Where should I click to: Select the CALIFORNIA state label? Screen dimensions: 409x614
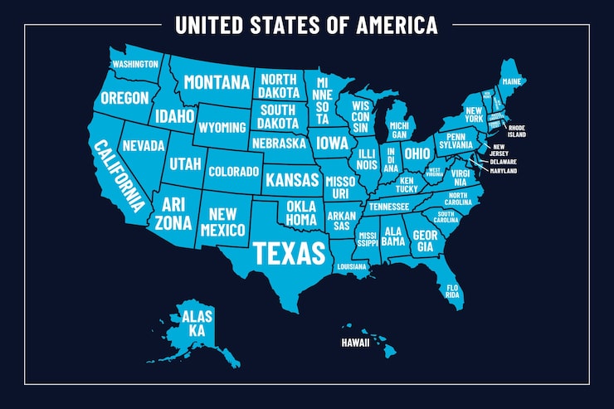pyautogui.click(x=119, y=175)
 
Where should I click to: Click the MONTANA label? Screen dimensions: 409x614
pyautogui.click(x=217, y=82)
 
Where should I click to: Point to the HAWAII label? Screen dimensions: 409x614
pyautogui.click(x=355, y=342)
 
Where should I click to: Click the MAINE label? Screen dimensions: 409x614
pyautogui.click(x=512, y=81)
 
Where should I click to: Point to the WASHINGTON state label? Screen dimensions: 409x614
pyautogui.click(x=135, y=64)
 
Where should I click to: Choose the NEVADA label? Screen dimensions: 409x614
pyautogui.click(x=144, y=146)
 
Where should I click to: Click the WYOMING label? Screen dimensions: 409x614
pyautogui.click(x=222, y=128)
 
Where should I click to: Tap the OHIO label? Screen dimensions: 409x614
pyautogui.click(x=417, y=153)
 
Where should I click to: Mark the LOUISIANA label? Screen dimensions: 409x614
pyautogui.click(x=352, y=267)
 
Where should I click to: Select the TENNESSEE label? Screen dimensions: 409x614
pyautogui.click(x=388, y=207)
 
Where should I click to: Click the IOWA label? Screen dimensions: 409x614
pyautogui.click(x=332, y=142)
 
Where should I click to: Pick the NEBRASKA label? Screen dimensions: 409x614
pyautogui.click(x=280, y=143)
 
